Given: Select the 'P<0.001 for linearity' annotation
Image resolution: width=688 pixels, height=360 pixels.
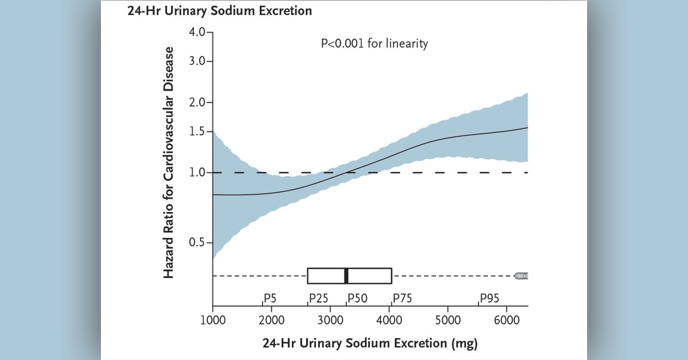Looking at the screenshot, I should [374, 44].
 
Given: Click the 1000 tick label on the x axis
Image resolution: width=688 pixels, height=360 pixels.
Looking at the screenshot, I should [213, 319].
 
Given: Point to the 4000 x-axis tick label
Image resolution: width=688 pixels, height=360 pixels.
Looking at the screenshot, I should [389, 319].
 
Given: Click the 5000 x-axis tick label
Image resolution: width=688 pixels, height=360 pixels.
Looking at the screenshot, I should [448, 319].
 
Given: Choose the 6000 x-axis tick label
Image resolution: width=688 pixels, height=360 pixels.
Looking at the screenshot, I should [507, 319].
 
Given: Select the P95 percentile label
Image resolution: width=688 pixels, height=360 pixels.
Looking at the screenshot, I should [490, 298].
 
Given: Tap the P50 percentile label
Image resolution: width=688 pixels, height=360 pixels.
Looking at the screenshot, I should [358, 298].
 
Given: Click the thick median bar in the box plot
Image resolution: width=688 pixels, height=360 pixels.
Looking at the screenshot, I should [346, 276].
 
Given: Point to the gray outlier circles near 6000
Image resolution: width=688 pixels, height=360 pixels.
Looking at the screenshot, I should [521, 276].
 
